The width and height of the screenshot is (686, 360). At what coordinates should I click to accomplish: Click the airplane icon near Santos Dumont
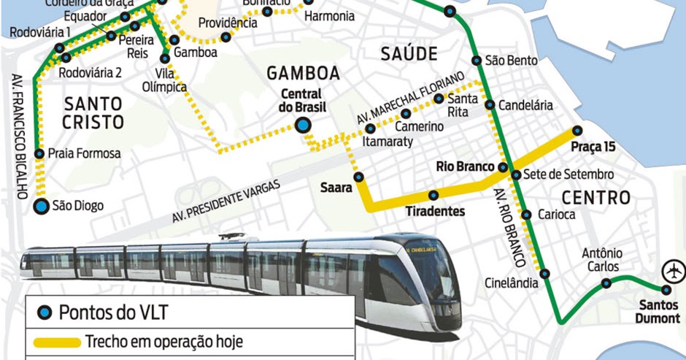click(672, 270)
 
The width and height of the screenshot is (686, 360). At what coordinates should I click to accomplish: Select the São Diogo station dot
click(42, 206)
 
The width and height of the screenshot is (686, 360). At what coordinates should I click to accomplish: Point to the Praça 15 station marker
click(577, 131)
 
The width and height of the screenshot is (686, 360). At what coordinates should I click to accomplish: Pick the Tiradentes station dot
click(433, 195)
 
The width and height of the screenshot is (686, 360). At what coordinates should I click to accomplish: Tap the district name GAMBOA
click(304, 73)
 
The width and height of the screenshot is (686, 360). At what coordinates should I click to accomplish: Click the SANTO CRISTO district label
click(93, 112)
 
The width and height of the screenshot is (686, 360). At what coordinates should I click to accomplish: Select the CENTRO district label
click(596, 197)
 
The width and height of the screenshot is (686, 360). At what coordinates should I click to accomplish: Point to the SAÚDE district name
click(409, 53)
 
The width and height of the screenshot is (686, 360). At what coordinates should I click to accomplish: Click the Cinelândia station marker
click(544, 274)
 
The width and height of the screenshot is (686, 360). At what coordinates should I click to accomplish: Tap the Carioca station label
click(556, 215)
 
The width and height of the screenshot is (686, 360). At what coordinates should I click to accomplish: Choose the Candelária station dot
click(490, 105)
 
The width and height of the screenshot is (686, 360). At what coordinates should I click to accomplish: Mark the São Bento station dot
click(477, 61)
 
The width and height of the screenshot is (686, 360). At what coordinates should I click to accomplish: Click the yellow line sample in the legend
click(57, 342)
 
